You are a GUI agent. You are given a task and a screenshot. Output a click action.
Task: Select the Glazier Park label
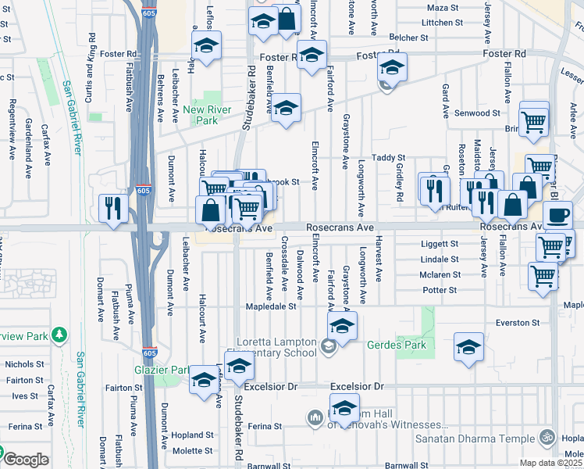[162, 370]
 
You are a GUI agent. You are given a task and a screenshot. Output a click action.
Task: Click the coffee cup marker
[557, 214]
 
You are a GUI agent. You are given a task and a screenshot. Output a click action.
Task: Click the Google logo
[25, 460]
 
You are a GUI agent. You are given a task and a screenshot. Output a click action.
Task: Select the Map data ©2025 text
[550, 463]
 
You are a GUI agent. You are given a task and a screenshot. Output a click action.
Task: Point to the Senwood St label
[478, 113]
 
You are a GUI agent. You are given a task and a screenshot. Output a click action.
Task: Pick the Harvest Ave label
[379, 259]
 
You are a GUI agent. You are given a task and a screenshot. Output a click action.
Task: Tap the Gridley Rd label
[399, 180]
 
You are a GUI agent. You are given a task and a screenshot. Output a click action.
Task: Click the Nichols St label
[24, 364]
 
